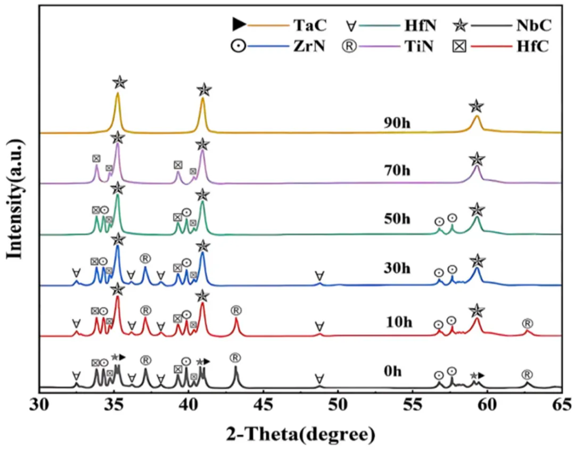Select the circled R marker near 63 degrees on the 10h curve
527,323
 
